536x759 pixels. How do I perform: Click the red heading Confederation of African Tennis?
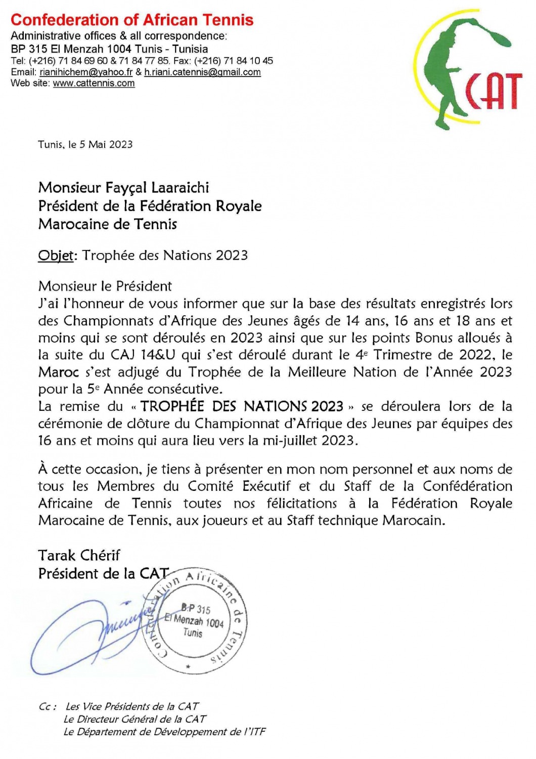tap(132, 20)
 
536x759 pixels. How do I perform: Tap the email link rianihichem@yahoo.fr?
tap(86, 72)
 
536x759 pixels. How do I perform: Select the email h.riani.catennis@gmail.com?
tap(202, 72)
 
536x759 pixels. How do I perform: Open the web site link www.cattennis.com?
tap(94, 83)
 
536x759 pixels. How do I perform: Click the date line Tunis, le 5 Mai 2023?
tap(85, 144)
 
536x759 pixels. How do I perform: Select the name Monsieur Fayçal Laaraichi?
tap(123, 188)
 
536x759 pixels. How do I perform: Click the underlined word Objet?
tap(56, 255)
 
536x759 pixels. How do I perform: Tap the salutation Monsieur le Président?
tap(105, 286)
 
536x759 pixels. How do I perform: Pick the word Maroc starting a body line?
tap(59, 372)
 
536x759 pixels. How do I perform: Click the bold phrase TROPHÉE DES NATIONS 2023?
tap(242, 406)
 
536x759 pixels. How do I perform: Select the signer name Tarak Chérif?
tap(79, 555)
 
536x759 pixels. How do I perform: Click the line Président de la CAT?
tap(103, 573)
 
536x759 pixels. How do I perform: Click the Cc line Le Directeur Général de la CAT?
tap(135, 719)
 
